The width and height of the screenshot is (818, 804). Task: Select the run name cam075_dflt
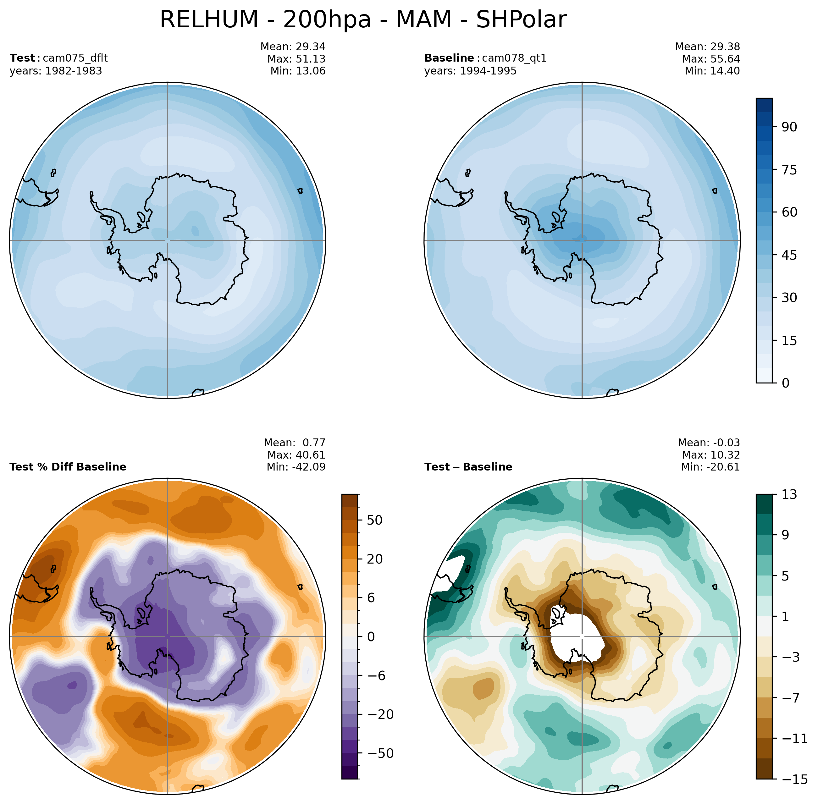pos(75,58)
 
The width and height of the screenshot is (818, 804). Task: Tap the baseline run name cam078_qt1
pos(514,58)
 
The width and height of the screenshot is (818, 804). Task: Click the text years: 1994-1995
pos(470,71)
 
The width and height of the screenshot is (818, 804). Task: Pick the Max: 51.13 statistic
pos(296,59)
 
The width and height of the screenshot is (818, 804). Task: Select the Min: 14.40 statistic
pos(712,71)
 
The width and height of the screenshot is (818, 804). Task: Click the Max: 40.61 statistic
pos(296,455)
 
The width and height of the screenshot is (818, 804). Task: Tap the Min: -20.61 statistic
pos(710,467)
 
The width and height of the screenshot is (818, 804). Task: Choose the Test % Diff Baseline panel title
pos(68,467)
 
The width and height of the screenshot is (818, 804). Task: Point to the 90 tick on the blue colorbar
pos(789,127)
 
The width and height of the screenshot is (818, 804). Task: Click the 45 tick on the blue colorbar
pos(789,255)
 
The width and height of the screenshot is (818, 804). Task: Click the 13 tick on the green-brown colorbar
pos(788,494)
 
